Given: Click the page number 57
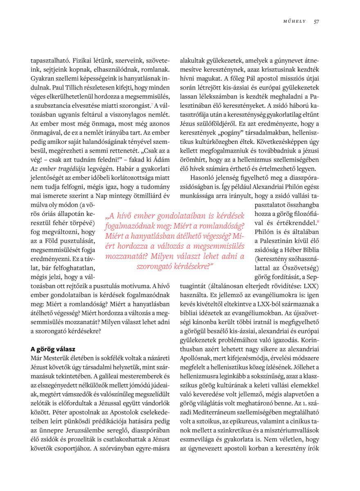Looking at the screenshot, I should pos(316,22).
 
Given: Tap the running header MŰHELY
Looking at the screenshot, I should pos(295,22).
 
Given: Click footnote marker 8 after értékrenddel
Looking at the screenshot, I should pos(318,221).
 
